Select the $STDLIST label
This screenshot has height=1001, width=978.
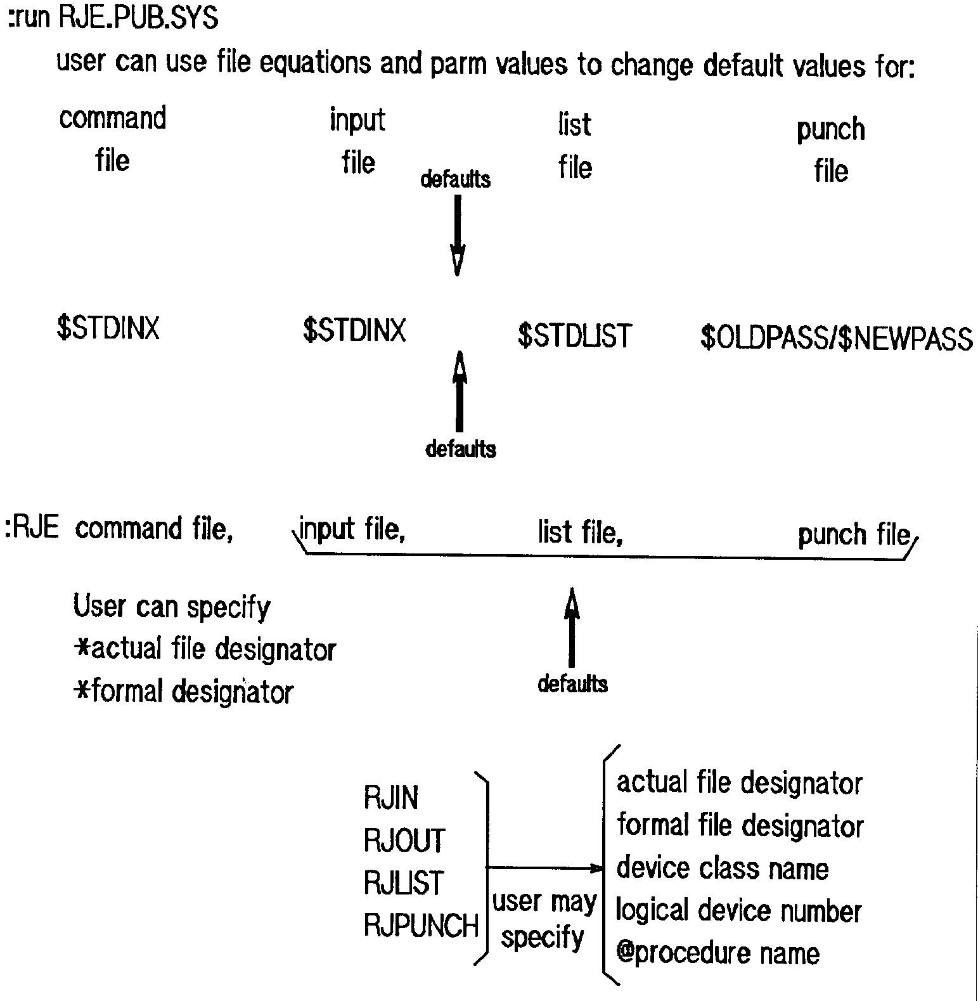click(x=574, y=336)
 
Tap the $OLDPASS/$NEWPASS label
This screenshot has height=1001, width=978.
click(x=836, y=338)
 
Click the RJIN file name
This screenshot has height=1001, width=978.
click(x=391, y=798)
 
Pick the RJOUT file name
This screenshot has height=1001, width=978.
click(x=404, y=841)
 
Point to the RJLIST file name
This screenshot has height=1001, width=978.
click(x=404, y=883)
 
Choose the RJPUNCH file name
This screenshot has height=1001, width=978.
click(x=421, y=926)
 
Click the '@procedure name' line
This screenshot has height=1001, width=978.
click(x=717, y=953)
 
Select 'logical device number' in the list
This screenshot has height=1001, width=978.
click(x=738, y=911)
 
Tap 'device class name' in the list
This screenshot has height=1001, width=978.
click(x=722, y=869)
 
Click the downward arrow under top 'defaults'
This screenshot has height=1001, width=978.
click(x=457, y=235)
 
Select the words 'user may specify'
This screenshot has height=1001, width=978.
click(x=544, y=919)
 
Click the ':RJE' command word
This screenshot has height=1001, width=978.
click(x=32, y=528)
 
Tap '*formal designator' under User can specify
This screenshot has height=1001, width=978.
click(x=183, y=691)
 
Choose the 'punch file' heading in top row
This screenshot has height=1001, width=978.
click(x=831, y=150)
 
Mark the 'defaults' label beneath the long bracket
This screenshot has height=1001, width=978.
click(x=572, y=684)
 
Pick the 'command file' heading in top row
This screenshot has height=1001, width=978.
click(x=113, y=139)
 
